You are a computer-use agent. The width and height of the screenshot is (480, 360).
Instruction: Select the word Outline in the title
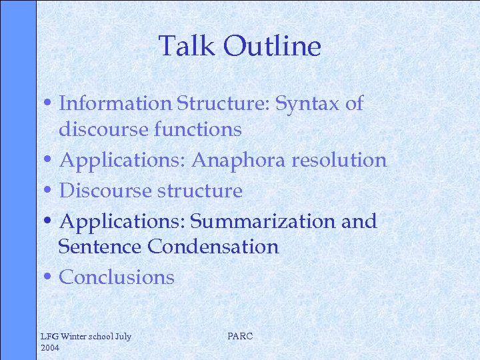pos(272,47)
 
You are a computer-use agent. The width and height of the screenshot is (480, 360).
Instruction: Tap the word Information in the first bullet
pos(115,103)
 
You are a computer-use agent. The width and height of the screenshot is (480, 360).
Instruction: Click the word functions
pos(197,129)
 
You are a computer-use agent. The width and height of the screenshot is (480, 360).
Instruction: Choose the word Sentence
pos(100,247)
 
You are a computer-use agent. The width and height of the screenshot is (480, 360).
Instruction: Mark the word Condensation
pos(213,247)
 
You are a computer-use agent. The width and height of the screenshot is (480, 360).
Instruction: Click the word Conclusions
pos(117,277)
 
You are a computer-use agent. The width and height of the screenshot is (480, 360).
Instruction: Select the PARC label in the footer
pos(240,337)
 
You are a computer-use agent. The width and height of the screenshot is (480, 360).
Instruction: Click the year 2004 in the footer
pos(50,348)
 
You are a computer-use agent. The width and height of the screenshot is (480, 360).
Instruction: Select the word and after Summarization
pos(359,221)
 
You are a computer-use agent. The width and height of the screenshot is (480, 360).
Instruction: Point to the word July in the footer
pos(123,337)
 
